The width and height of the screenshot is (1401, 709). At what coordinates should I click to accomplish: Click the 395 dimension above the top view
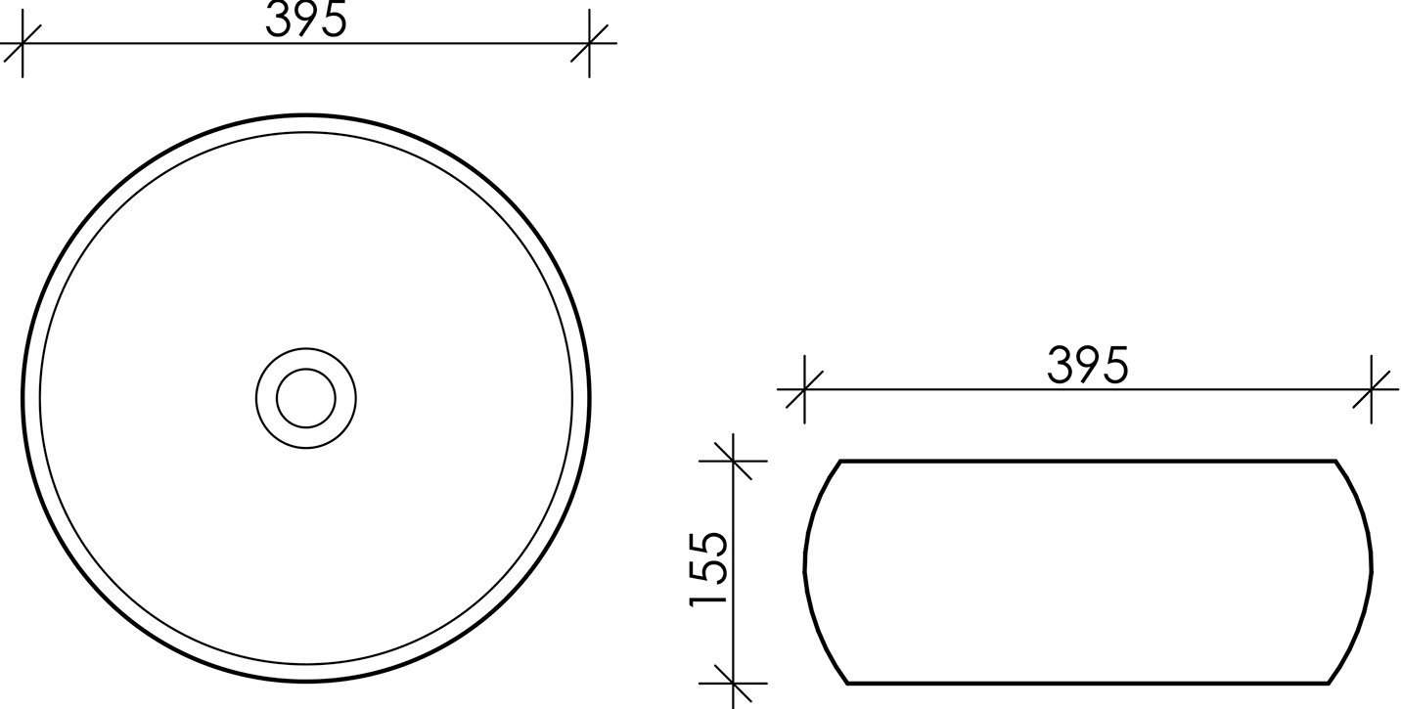tap(306, 20)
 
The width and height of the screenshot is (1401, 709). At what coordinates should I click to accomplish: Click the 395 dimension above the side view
tap(1088, 366)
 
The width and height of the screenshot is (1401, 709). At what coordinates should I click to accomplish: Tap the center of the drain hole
tap(305, 398)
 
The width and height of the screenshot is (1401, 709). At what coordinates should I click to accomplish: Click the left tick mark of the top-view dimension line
tap(22, 44)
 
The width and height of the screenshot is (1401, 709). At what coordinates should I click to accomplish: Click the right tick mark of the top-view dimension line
tap(589, 44)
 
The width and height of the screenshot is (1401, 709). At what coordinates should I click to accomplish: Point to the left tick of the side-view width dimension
tap(803, 389)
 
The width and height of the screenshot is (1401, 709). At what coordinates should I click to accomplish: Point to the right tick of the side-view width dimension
tap(1372, 389)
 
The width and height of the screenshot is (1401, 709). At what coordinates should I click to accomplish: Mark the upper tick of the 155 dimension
tap(733, 460)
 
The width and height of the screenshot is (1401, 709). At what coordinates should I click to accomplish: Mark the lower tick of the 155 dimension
tap(733, 683)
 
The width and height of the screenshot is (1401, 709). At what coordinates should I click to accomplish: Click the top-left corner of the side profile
tap(841, 461)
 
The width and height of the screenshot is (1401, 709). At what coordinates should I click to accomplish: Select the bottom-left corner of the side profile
tap(847, 683)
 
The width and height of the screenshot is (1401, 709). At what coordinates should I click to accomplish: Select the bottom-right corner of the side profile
tap(1331, 683)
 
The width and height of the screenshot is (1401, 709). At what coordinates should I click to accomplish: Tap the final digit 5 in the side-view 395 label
tap(1116, 366)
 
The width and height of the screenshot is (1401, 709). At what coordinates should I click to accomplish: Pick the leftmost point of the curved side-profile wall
tap(805, 571)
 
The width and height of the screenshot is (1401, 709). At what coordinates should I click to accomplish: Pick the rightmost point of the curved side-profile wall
tap(1372, 571)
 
